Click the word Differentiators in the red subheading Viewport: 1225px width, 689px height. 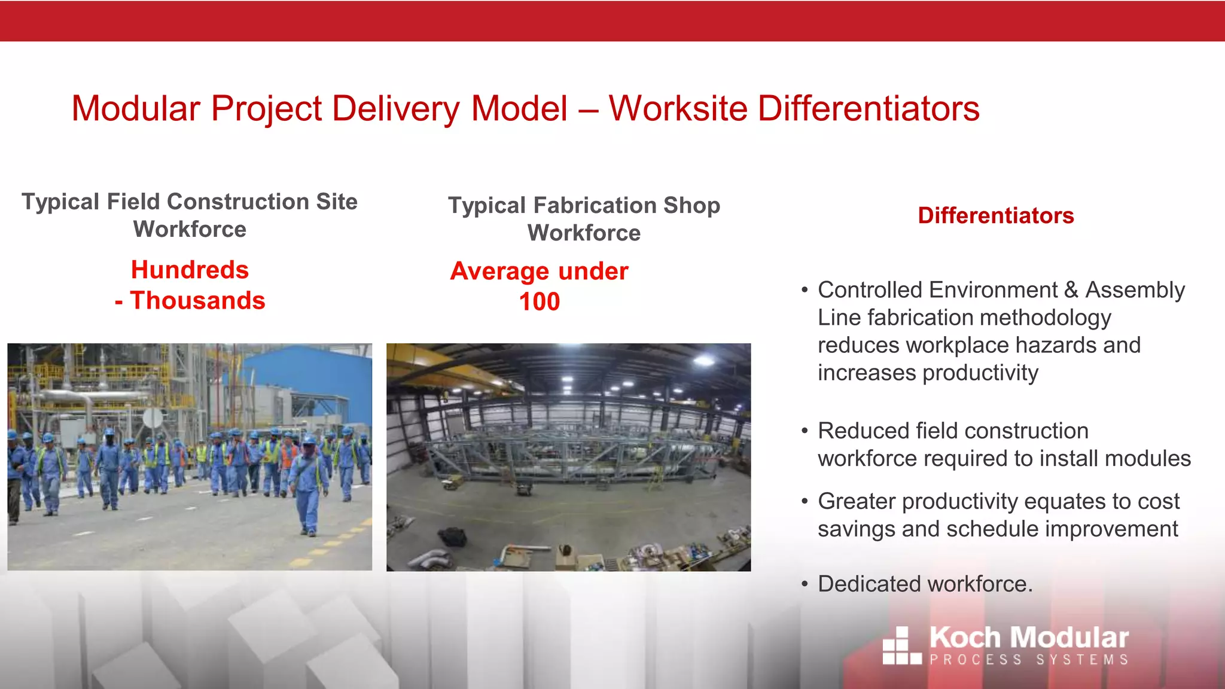coord(996,216)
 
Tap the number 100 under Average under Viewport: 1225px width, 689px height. coord(539,301)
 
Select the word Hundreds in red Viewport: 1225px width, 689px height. coord(190,270)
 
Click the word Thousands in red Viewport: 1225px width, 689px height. coord(198,300)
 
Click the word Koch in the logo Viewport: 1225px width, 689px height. coord(965,638)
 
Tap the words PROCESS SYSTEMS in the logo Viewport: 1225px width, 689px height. coord(1029,660)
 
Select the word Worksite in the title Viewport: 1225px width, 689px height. coord(678,109)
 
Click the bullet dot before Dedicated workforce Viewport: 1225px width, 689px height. coord(805,584)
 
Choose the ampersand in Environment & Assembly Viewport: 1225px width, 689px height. coord(1071,290)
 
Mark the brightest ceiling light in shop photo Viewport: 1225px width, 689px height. coord(704,360)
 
